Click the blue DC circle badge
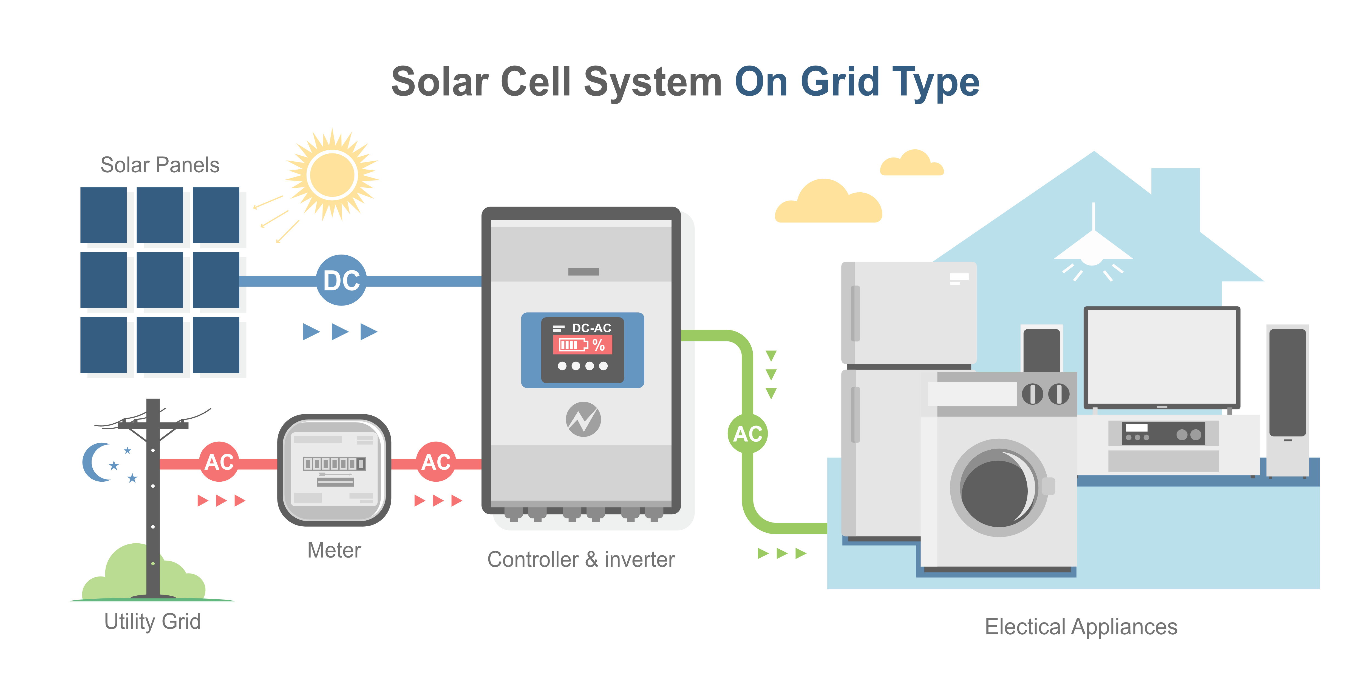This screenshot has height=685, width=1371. (341, 280)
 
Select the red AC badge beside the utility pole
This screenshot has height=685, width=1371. (219, 462)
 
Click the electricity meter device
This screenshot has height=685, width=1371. (334, 470)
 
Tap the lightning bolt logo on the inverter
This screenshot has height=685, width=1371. (583, 419)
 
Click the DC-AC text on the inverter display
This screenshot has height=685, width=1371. (591, 328)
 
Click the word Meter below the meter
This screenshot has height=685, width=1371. (334, 550)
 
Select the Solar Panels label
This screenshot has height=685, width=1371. (160, 165)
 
